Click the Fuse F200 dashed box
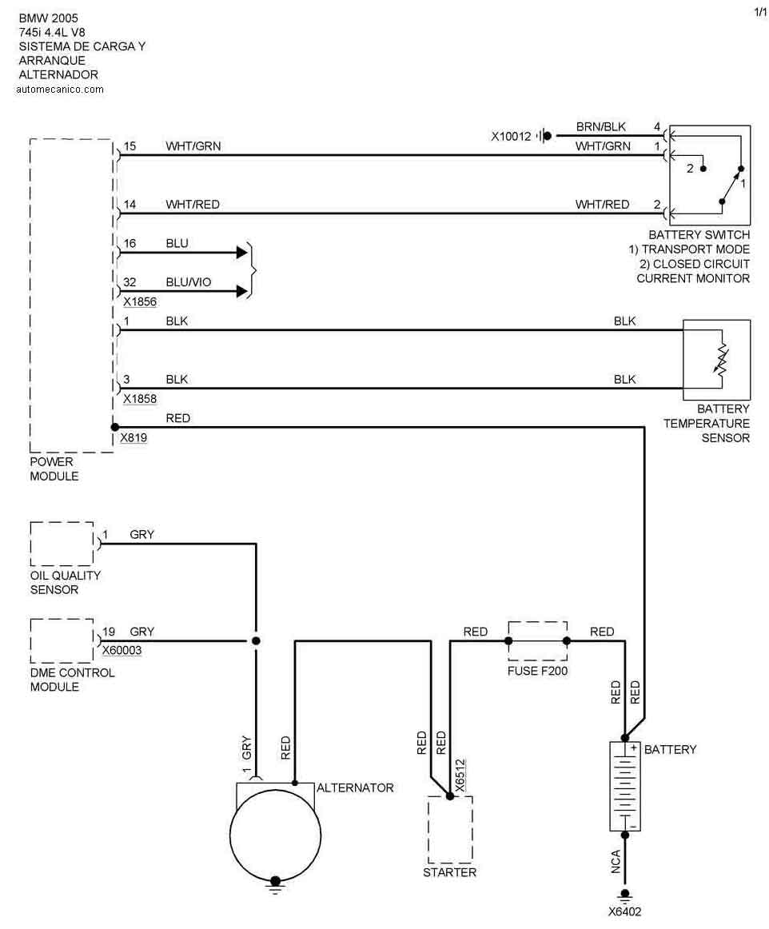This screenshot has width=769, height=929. (x=537, y=640)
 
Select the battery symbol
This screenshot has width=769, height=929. (x=625, y=787)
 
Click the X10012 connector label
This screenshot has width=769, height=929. (x=511, y=136)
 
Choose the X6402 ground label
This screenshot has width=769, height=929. (x=624, y=911)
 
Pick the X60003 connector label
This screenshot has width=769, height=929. (x=122, y=650)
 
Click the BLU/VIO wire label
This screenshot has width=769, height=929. (x=188, y=282)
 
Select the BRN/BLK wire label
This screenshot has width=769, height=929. (x=601, y=127)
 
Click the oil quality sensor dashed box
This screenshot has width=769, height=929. (x=62, y=544)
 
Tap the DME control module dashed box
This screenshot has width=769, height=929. (x=62, y=640)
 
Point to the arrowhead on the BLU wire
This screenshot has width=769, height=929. (x=242, y=253)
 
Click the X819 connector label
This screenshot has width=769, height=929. (x=133, y=438)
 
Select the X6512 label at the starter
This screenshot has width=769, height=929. (x=460, y=775)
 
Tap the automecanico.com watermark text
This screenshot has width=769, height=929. (x=59, y=90)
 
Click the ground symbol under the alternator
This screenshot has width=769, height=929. (x=276, y=883)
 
